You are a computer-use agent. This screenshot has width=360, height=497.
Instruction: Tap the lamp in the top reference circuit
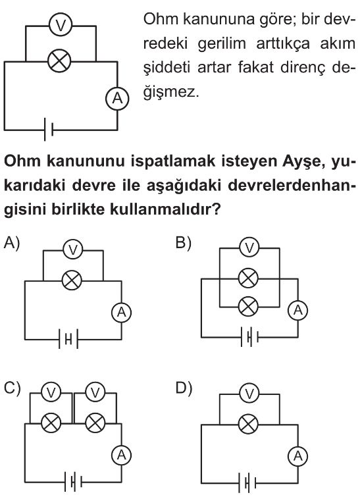tap(59, 61)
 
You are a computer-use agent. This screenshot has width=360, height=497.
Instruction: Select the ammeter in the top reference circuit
tap(117, 98)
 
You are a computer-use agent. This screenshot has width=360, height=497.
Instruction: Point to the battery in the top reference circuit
tap(49, 129)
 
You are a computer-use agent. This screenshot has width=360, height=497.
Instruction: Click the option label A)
tap(12, 243)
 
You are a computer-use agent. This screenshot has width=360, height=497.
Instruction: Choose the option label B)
tap(184, 243)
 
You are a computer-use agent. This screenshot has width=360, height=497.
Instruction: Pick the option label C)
tap(12, 388)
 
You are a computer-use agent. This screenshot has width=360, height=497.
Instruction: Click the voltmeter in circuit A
tap(73, 249)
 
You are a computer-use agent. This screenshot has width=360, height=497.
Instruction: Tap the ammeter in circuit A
tap(121, 313)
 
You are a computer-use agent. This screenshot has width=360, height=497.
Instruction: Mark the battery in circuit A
tap(68, 340)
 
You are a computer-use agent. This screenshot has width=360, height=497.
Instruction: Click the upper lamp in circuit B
tap(249, 278)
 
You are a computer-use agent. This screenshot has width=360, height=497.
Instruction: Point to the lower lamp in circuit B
tap(249, 307)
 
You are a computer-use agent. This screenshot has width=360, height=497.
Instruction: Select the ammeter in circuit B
tap(298, 310)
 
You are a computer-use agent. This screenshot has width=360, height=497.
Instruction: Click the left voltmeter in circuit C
tap(51, 392)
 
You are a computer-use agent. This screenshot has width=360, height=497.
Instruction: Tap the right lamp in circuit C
tap(95, 423)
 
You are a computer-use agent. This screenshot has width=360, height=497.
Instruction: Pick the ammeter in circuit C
tap(121, 455)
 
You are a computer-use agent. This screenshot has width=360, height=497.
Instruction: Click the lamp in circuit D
tap(249, 424)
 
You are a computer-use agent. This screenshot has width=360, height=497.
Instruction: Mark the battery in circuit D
tap(247, 483)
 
